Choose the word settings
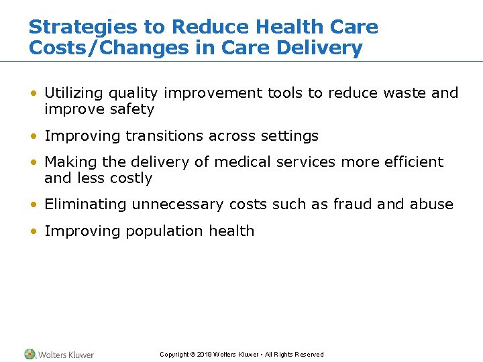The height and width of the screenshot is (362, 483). click(289, 136)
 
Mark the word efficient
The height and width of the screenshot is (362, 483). click(412, 162)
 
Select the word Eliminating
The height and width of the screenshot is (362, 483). click(86, 204)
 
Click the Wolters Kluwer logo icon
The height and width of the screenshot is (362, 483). click(30, 354)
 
